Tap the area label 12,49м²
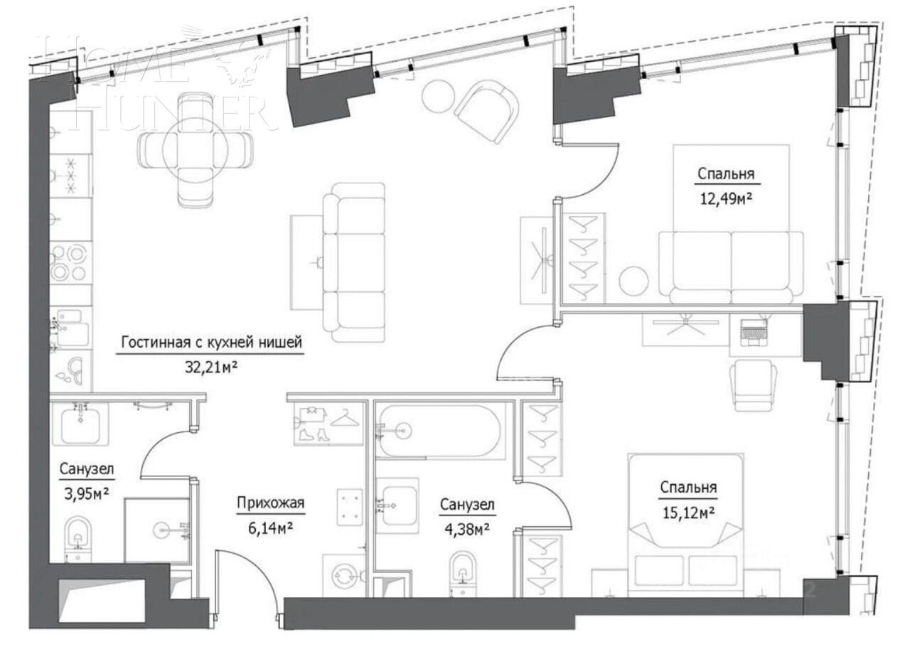pos(725,199)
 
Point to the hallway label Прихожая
pos(270,504)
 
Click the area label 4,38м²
pos(466,529)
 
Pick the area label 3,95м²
pos(87,493)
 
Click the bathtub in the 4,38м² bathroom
pos(439,429)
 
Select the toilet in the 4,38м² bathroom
pos(463,572)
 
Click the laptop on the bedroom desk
pos(754,331)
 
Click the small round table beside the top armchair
pos(437,95)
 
